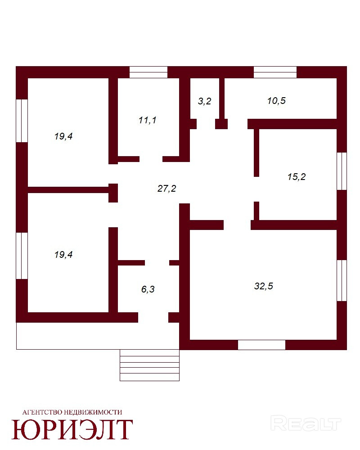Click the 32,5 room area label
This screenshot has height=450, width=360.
coord(264,286)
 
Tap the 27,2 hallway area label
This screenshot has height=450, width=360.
coord(167,188)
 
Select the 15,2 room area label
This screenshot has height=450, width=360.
coord(297,176)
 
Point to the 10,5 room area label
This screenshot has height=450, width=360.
coord(276,101)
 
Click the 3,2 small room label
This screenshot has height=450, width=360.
coord(205,101)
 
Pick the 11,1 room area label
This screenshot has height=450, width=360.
coord(147,120)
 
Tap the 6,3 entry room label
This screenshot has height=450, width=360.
coord(148,289)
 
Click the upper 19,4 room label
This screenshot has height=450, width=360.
coord(63,136)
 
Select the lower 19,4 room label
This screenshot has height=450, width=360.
coord(63,254)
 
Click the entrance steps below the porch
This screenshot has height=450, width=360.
coord(149,365)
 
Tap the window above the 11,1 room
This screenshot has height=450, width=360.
coord(148,72)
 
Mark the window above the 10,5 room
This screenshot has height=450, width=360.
coord(275,72)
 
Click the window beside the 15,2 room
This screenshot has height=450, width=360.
coord(342,171)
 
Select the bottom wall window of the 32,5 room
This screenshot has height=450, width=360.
coord(261,345)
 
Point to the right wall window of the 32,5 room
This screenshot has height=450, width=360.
coord(342,280)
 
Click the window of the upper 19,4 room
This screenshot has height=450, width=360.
coord(22,121)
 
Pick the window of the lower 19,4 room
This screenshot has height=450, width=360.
coord(22,256)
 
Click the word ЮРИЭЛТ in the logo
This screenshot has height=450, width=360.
coord(72,429)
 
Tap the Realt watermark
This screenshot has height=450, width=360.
coord(306,424)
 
